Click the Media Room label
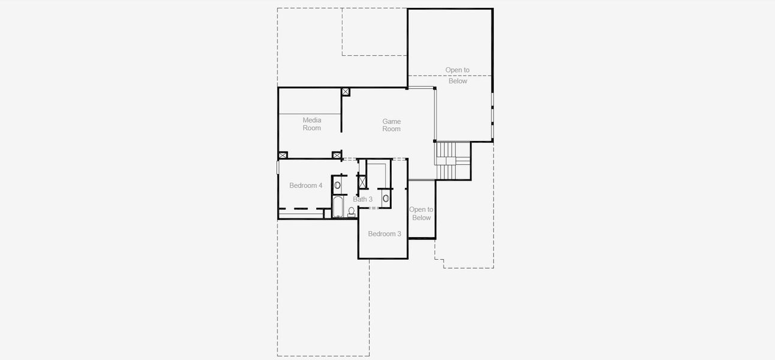point(312,124)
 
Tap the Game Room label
point(392,125)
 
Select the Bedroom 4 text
point(306,186)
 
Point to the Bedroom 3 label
point(385,234)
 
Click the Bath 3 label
point(363,199)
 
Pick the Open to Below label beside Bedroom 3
point(421,214)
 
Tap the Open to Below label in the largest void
point(458,76)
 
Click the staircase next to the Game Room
point(452,160)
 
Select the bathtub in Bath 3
point(337,207)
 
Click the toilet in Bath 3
point(352,211)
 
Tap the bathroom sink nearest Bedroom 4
point(337,185)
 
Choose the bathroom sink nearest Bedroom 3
point(386,197)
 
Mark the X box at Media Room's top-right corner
point(346,92)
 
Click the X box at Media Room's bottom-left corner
point(283,155)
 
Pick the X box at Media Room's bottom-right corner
point(337,155)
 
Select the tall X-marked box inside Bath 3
point(362,181)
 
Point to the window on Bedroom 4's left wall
point(278,166)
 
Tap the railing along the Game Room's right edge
point(435,114)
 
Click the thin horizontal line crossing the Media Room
point(310,113)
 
